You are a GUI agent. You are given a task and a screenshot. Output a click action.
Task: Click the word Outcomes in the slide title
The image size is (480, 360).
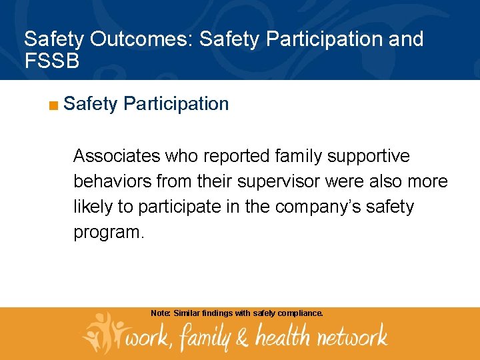(141, 39)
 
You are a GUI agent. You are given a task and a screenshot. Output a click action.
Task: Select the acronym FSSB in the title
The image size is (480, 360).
(52, 61)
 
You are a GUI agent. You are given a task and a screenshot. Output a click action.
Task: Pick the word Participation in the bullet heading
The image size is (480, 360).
(176, 104)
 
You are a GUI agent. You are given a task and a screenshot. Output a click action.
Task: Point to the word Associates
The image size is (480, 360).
(117, 156)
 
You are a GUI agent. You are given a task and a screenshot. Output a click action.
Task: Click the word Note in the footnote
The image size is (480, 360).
(160, 313)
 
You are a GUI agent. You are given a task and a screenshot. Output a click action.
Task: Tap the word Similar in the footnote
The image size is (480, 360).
(187, 313)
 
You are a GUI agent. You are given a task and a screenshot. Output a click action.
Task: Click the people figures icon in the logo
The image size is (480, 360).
(104, 332)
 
